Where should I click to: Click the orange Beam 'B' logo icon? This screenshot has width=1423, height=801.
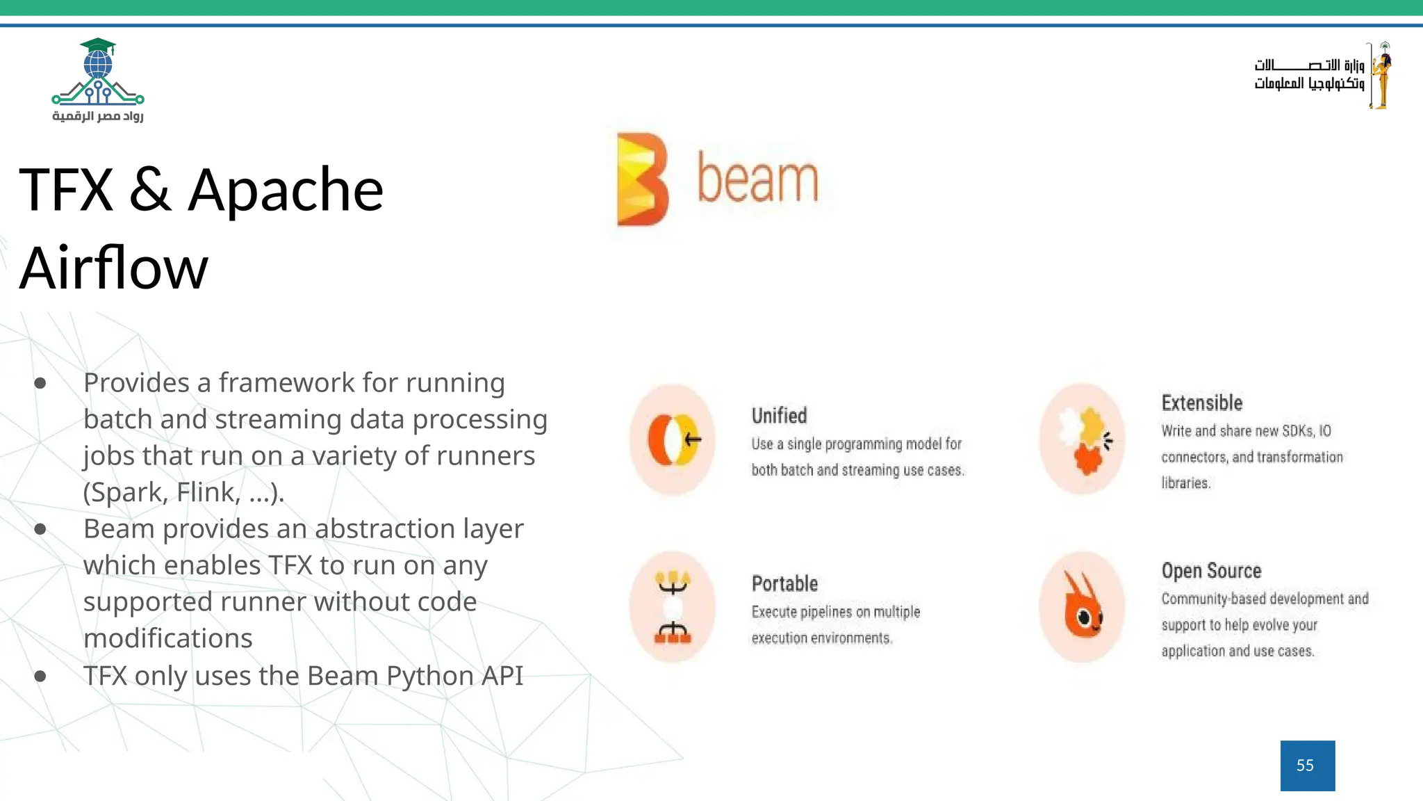(642, 179)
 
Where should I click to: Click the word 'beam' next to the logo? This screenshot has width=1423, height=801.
(757, 179)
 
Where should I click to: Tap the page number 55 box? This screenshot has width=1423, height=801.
(1307, 766)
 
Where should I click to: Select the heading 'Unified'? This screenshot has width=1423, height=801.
(779, 416)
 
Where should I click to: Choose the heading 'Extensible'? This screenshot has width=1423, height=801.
(1201, 403)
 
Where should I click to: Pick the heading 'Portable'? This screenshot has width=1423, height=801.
(784, 583)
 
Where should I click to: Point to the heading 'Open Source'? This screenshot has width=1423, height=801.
(1211, 571)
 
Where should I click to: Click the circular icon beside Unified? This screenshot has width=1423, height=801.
(672, 439)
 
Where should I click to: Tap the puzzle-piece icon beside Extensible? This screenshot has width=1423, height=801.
(1082, 439)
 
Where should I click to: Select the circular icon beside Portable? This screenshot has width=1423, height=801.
(672, 606)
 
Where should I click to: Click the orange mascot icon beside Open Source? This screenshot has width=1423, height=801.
(1082, 606)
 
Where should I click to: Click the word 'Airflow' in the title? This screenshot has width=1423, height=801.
(113, 268)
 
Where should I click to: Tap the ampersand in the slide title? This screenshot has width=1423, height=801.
(150, 190)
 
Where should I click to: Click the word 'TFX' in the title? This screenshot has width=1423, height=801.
(66, 190)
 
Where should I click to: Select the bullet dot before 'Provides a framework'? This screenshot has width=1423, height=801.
(40, 383)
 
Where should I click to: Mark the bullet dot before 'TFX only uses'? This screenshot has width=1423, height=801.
(40, 676)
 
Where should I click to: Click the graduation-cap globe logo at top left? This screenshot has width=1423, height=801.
(98, 72)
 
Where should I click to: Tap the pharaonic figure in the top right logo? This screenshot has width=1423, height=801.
(1381, 75)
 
